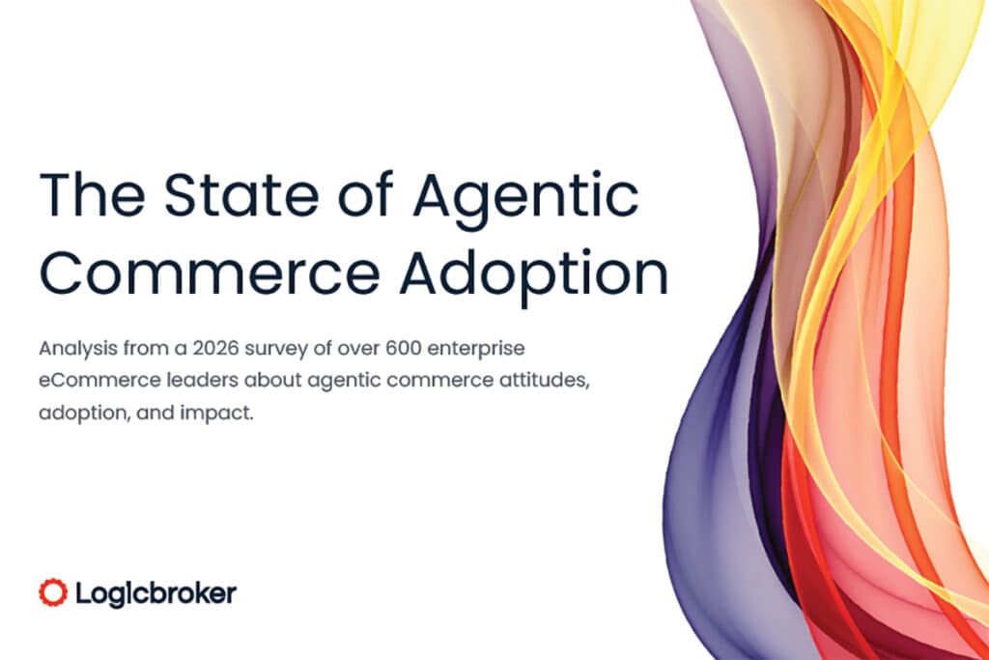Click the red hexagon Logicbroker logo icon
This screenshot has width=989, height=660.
pos(52,592)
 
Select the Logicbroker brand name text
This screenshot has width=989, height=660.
pos(154,592)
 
